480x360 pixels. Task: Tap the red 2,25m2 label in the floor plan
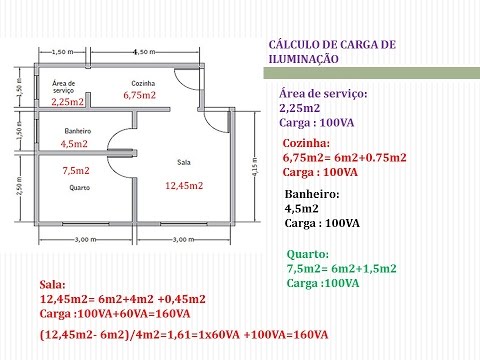pos(67,102)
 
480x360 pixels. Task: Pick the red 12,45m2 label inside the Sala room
pos(184,186)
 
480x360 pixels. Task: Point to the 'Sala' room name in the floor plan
pos(184,160)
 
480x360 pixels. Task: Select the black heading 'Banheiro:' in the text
pos(312,195)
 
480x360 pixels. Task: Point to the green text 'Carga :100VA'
pos(323,282)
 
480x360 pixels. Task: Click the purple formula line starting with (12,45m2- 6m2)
pos(183,335)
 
